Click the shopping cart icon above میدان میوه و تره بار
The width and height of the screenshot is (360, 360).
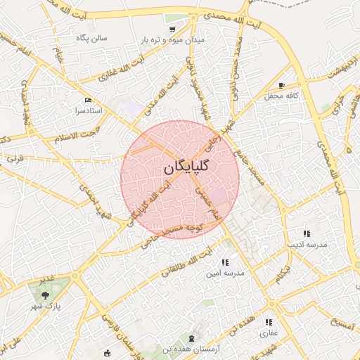[172, 30]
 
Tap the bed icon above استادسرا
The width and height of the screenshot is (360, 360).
[87, 101]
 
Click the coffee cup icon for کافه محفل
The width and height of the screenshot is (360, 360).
[282, 84]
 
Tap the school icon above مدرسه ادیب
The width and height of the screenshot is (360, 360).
[306, 233]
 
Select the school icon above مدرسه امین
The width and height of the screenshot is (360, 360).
[225, 262]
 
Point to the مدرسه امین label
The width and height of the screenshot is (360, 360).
[225, 274]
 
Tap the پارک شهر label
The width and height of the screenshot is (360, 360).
[46, 307]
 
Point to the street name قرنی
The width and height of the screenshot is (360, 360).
[15, 159]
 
